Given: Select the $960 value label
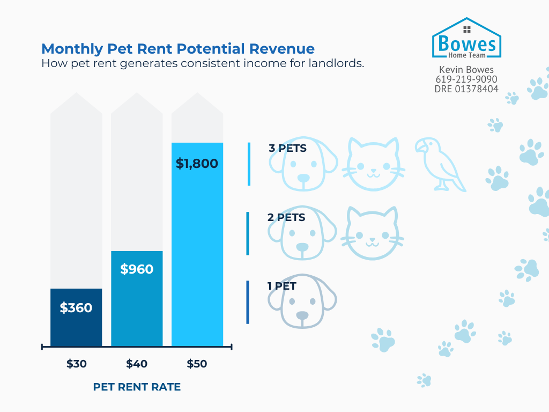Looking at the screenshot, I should (137, 269).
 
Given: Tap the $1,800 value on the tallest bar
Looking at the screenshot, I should (197, 163).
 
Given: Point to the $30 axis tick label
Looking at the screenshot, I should (77, 364).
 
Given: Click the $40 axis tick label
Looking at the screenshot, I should (137, 364).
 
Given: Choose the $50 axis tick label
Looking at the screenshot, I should (197, 364).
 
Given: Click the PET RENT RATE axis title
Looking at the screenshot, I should (137, 387).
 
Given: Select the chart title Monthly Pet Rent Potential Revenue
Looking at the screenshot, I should (178, 49).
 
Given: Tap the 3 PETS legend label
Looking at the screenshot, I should (287, 148).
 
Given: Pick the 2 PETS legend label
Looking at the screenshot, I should (286, 217).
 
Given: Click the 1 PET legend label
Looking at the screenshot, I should (282, 286).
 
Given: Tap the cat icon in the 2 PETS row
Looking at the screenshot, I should (373, 233).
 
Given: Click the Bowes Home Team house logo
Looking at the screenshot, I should (466, 38).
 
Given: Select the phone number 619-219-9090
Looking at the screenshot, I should (466, 79).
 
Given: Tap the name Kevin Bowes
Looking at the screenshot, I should (466, 70).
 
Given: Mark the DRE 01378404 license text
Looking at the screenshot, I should (466, 89).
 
